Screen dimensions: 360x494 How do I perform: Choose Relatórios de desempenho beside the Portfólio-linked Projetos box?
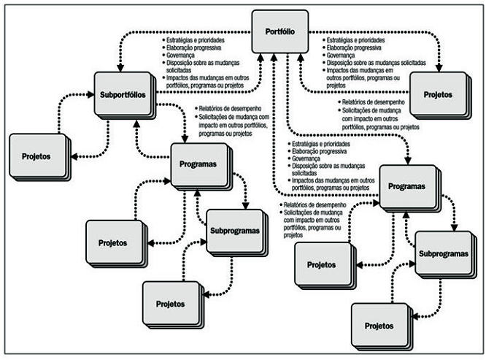[x=371, y=102]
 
